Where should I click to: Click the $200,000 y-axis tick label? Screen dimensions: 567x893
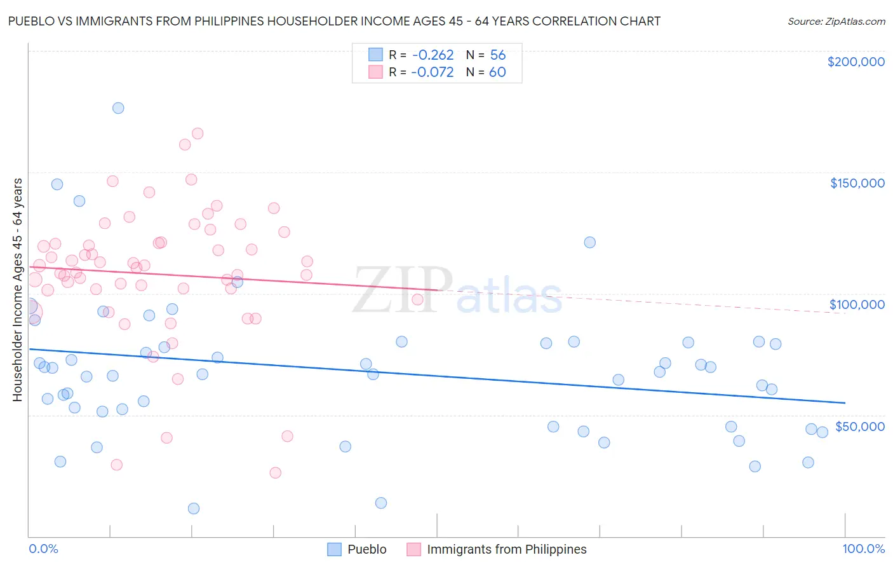[x=856, y=62]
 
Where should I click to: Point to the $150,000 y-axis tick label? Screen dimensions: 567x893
[x=857, y=183]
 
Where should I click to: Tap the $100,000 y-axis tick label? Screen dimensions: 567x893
[x=857, y=304]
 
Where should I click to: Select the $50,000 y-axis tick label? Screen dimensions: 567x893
[x=859, y=426]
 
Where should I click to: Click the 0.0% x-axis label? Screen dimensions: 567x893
[x=43, y=549]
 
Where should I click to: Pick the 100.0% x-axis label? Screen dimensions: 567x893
[x=863, y=549]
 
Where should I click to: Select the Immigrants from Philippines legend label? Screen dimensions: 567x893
[x=506, y=549]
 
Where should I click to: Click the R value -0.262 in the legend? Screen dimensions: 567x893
[x=432, y=55]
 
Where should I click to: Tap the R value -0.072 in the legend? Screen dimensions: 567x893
[x=432, y=72]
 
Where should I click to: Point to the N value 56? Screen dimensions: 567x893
[x=497, y=55]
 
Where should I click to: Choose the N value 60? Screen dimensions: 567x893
[x=497, y=72]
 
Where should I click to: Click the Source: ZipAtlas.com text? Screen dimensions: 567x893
[x=836, y=22]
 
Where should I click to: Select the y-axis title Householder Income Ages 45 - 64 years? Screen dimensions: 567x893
[x=18, y=290]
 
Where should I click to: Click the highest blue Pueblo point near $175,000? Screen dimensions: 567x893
[x=118, y=108]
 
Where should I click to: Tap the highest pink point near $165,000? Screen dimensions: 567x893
[x=198, y=133]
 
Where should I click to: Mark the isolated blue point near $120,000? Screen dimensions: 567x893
[x=590, y=242]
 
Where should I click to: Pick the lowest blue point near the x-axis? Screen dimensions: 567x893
[x=194, y=509]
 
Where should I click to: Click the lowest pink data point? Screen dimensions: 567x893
[x=275, y=473]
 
